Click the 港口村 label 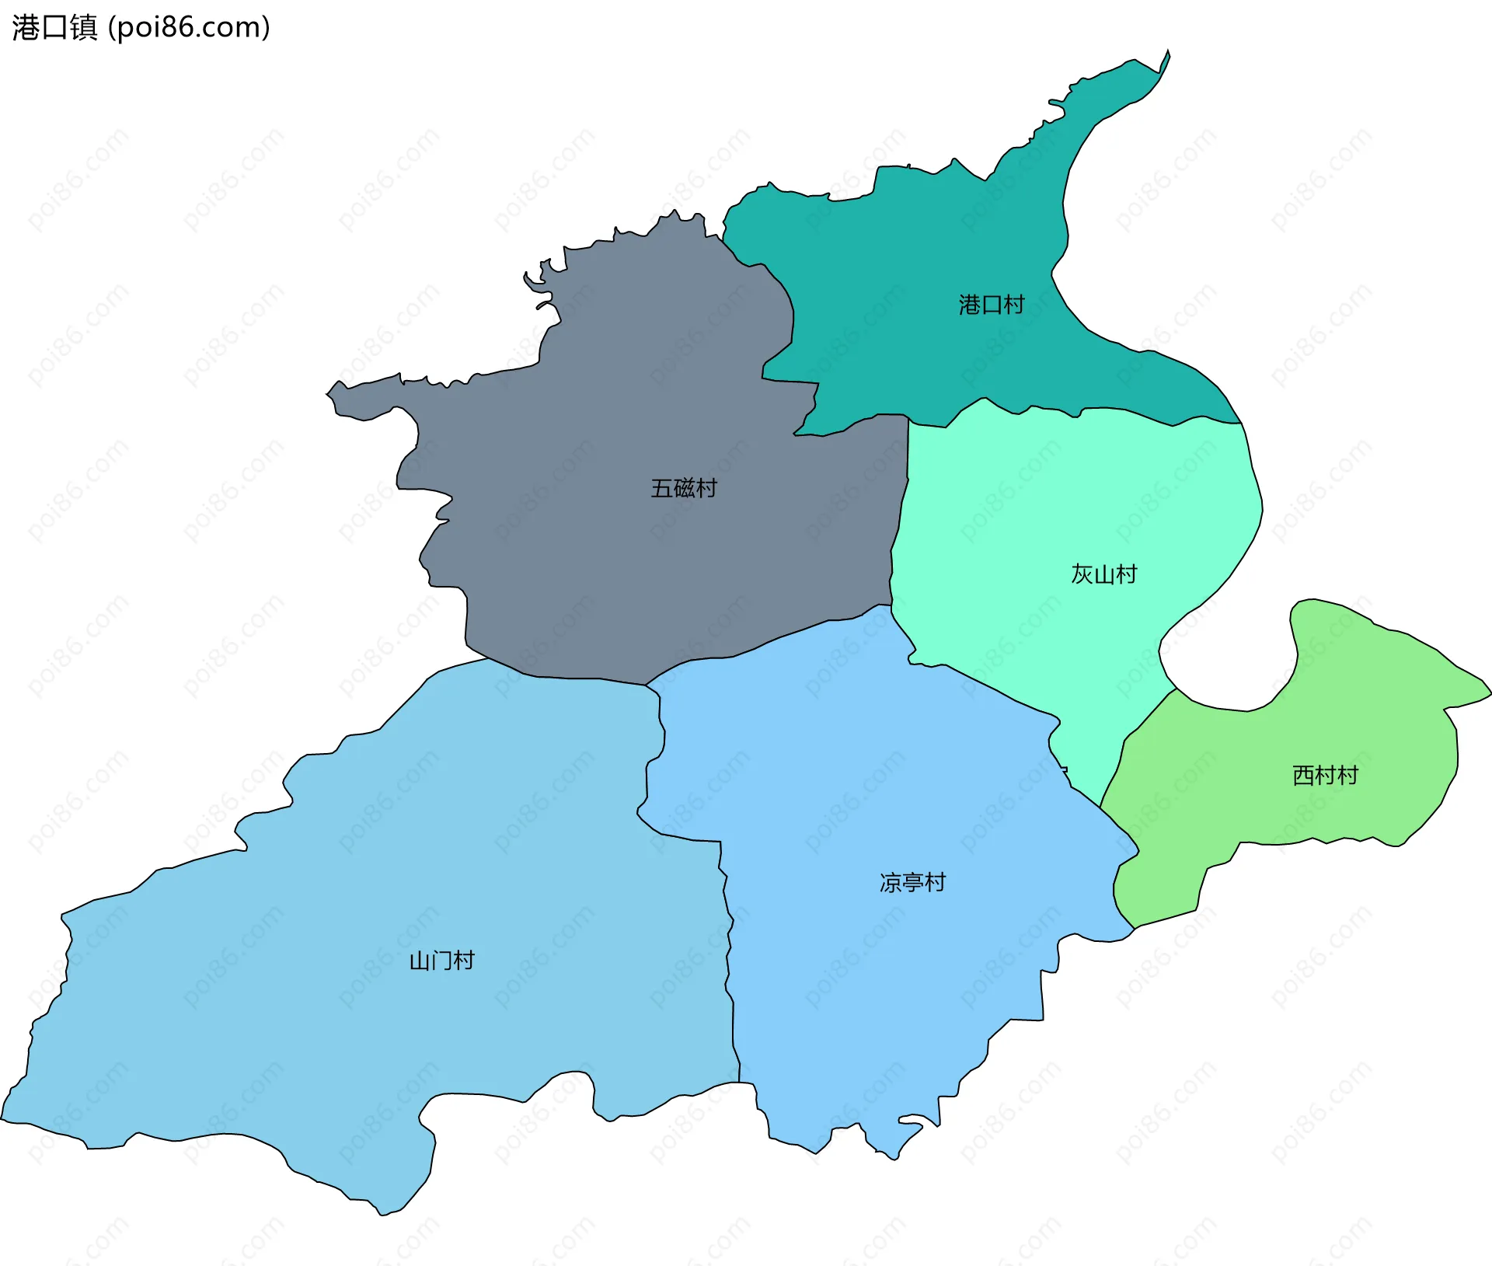tap(991, 305)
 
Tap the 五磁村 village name tap(683, 488)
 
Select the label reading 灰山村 tap(1103, 574)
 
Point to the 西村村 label tap(1324, 775)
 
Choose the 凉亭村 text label tap(912, 882)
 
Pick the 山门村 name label tap(441, 961)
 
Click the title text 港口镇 tap(54, 27)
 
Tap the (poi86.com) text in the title tap(189, 27)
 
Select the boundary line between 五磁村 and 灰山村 tap(898, 528)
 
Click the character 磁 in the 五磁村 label tap(684, 488)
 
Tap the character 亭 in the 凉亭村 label tap(913, 882)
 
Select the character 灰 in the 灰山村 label tap(1082, 574)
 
